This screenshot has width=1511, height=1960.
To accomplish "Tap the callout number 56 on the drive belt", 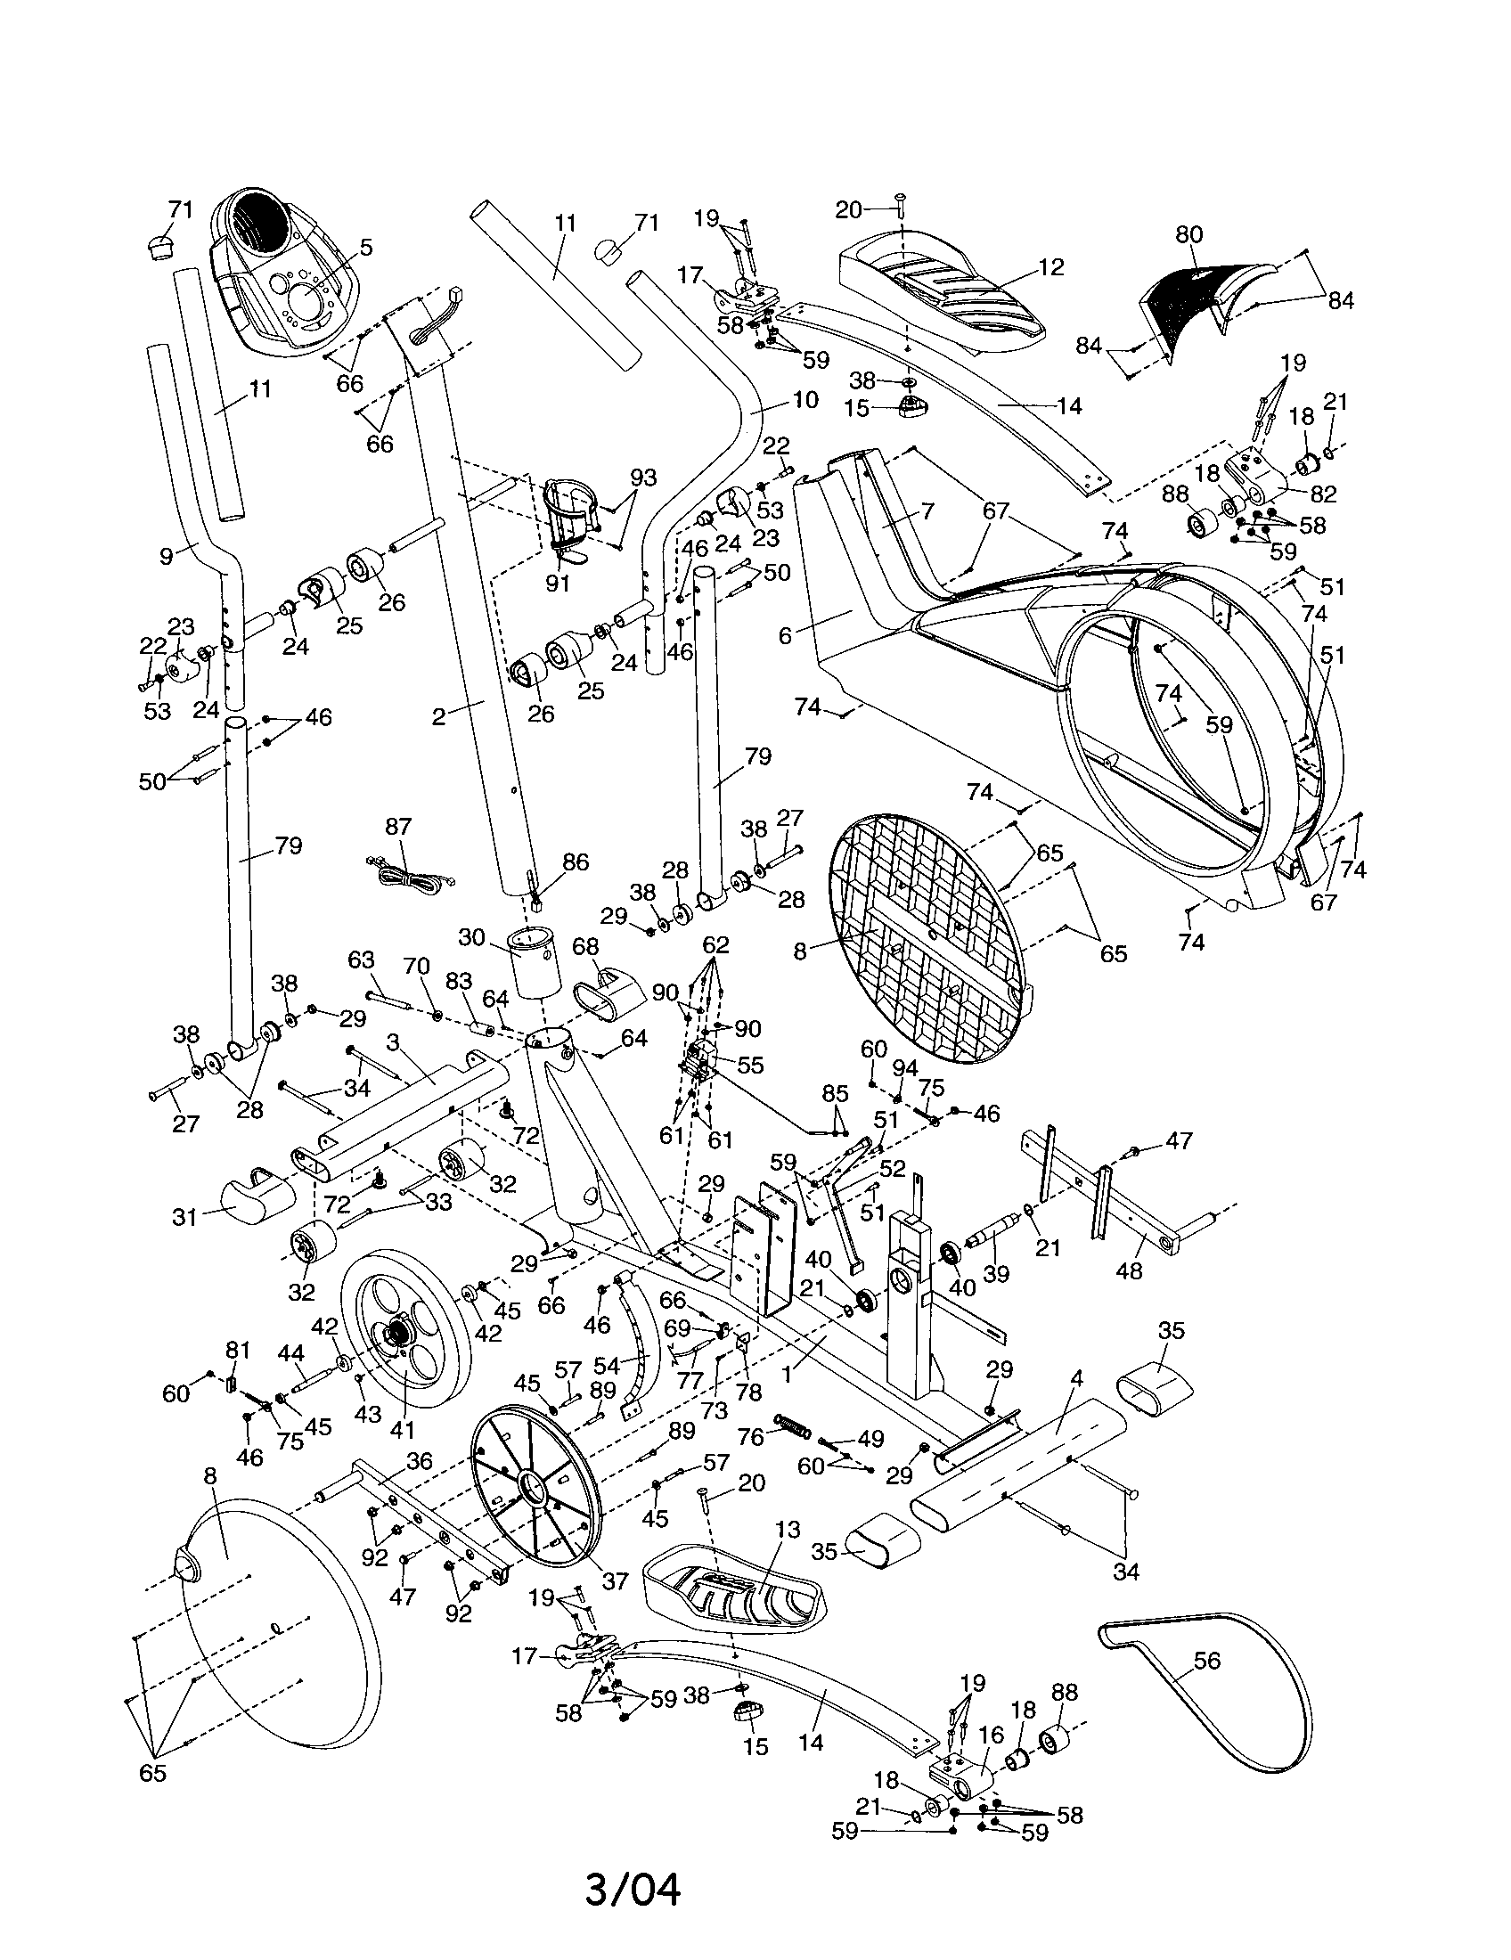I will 1207,1661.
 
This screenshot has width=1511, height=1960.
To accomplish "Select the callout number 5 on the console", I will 365,248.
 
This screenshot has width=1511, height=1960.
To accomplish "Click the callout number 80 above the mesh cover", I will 1188,234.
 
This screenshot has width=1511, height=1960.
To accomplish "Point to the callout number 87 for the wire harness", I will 398,826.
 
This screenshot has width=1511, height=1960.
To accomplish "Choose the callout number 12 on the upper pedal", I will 1050,266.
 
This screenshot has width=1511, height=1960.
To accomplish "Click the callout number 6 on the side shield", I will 785,635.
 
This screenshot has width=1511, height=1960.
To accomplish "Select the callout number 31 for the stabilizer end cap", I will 184,1217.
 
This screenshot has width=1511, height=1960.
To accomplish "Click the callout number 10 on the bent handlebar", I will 805,399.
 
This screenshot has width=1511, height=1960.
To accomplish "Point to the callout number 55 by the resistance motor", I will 749,1066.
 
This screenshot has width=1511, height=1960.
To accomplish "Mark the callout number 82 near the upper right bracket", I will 1324,494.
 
